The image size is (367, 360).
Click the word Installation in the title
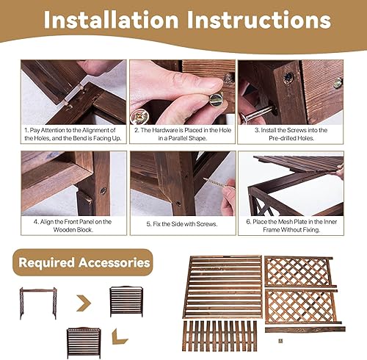coord(111,20)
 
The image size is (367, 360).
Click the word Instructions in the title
coord(259,20)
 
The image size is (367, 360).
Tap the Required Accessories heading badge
coord(83,262)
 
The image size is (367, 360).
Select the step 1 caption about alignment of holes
coord(73,134)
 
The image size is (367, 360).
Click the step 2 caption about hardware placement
coord(183,134)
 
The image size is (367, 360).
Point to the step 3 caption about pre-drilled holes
coord(291,134)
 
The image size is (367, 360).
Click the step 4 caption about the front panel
coord(73,226)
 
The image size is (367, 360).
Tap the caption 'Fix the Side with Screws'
coord(182,224)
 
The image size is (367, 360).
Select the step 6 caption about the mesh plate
coord(291,226)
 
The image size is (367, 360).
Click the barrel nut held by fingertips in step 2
coord(217,99)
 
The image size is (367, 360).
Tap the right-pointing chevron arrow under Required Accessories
coord(84,303)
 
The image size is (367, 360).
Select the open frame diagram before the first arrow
coord(38,303)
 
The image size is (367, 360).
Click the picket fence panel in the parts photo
coord(219,336)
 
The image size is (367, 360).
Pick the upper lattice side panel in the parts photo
coord(299,271)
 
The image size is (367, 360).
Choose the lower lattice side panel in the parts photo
coord(302,306)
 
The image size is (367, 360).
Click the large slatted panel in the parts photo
coord(222,287)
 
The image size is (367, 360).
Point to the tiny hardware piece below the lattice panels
coord(280,341)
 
